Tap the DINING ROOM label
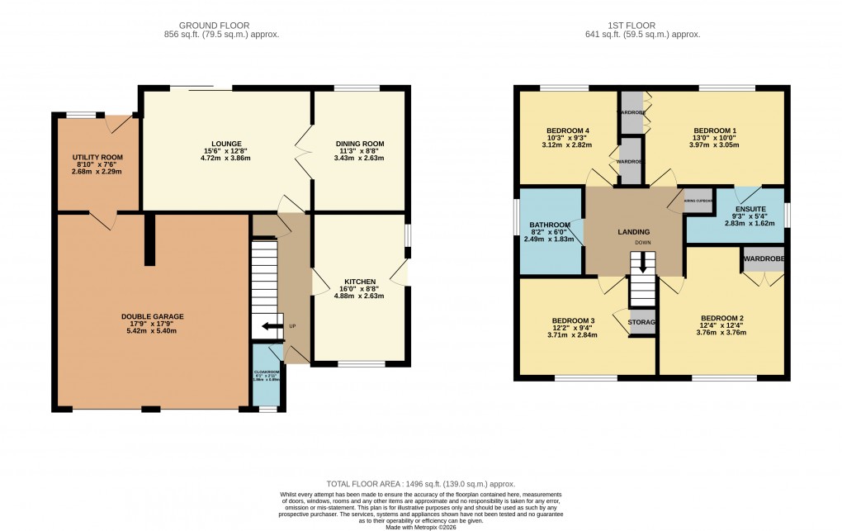(x=359, y=144)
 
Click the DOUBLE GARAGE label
(x=152, y=316)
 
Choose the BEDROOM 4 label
(x=568, y=130)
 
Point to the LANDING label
(x=633, y=232)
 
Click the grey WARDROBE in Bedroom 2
(x=763, y=259)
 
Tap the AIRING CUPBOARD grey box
(x=698, y=201)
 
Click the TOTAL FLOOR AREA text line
(x=421, y=483)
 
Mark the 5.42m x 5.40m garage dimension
(x=152, y=330)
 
